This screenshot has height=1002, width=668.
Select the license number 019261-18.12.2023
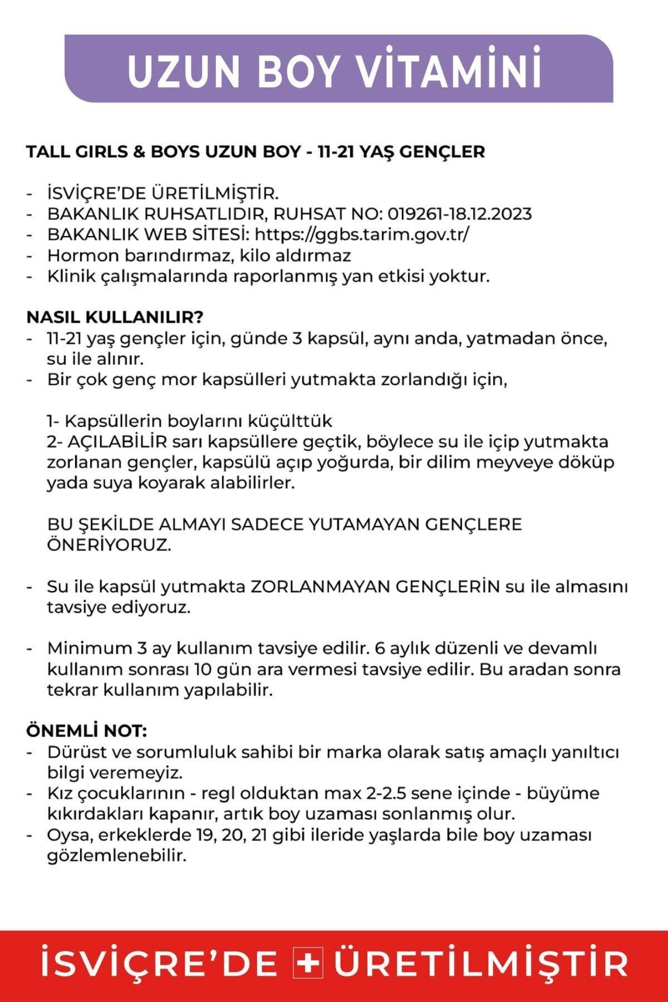tap(460, 214)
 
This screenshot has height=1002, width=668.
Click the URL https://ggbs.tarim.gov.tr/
tap(362, 234)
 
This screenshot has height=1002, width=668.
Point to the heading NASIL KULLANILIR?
tap(115, 317)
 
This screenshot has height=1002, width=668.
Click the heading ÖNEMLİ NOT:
tap(86, 731)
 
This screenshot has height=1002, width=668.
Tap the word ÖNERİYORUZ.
tap(109, 545)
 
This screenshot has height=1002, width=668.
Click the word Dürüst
tap(75, 752)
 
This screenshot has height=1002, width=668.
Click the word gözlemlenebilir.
tap(116, 856)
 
